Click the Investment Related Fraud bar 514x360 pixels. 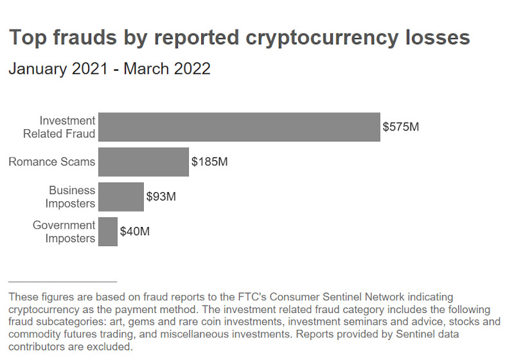pos(239,127)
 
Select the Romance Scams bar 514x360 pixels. pos(143,162)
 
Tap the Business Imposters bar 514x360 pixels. pos(121,197)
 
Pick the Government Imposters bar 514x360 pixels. pos(108,231)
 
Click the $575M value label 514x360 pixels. pos(400,127)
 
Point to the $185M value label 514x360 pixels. pos(209,162)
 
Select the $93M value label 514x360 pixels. pos(161,197)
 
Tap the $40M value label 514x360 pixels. pos(134,231)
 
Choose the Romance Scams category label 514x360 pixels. pos(51,162)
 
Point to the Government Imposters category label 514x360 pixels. pos(64,231)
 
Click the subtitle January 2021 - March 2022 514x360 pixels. pos(109,69)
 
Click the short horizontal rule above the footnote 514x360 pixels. pos(62,282)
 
